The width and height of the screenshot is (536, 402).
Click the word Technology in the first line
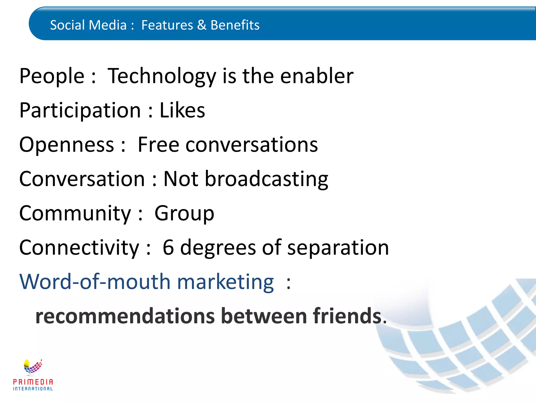click(x=161, y=76)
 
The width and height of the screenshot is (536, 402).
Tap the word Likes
click(x=182, y=110)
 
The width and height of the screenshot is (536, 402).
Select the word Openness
click(x=67, y=145)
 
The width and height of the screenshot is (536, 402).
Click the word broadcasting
click(x=266, y=179)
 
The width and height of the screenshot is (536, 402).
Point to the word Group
click(x=184, y=214)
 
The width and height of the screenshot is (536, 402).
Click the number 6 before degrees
click(x=168, y=248)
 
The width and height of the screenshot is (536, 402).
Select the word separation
click(x=338, y=248)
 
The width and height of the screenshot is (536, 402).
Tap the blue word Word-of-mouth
click(x=95, y=282)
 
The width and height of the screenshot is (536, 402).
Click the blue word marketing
click(x=225, y=282)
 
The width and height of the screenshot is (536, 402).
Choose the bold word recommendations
click(x=125, y=316)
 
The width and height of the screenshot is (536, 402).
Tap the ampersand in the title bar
click(x=202, y=25)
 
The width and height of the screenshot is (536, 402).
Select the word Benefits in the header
click(x=235, y=25)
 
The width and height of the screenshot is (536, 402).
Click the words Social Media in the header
click(x=88, y=25)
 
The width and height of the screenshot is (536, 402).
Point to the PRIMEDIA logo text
click(x=33, y=382)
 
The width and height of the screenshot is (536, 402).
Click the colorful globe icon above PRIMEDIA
click(x=33, y=366)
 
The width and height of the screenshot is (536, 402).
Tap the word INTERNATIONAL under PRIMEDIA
click(x=33, y=389)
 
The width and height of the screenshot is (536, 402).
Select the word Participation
click(x=80, y=110)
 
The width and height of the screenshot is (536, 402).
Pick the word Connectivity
click(x=79, y=248)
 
